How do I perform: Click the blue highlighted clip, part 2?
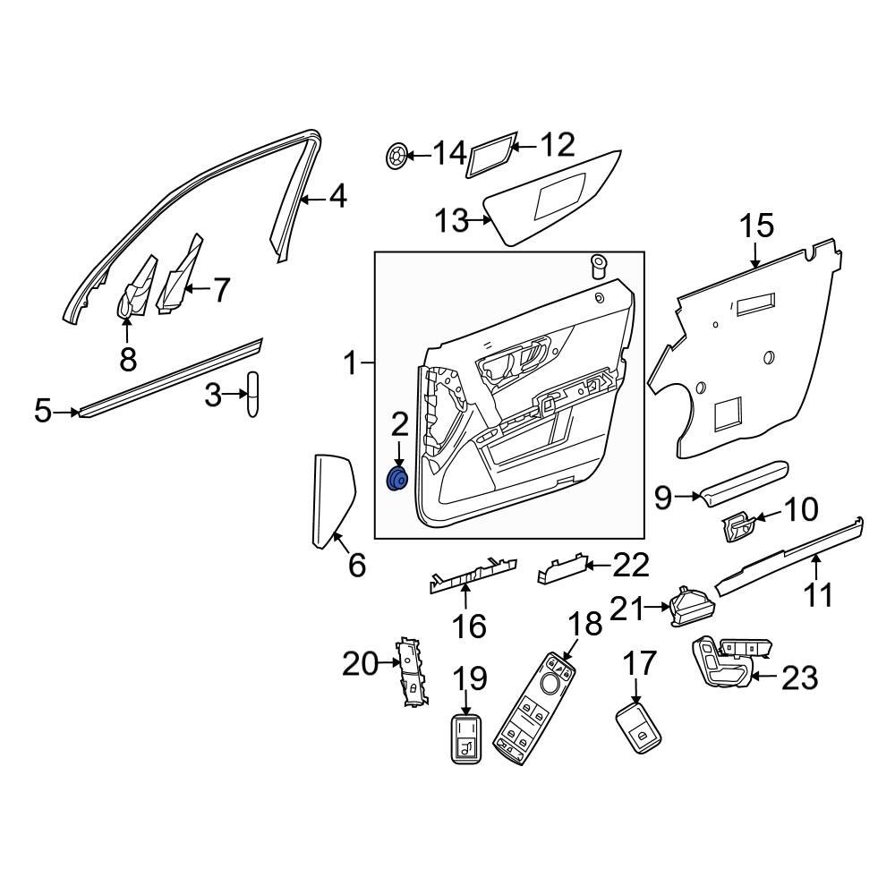396,481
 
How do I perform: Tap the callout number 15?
757,226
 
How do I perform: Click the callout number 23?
799,678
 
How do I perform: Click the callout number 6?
356,565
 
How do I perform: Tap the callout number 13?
452,219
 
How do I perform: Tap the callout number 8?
128,359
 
